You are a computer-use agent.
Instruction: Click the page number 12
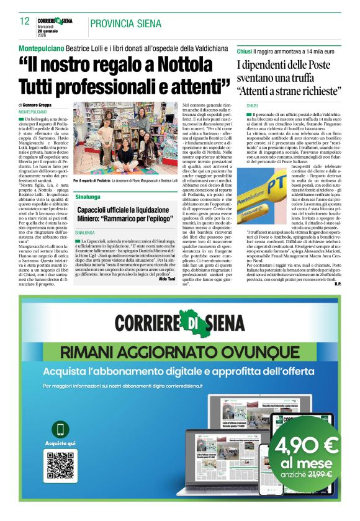24,22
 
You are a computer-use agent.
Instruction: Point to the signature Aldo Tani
168,279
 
